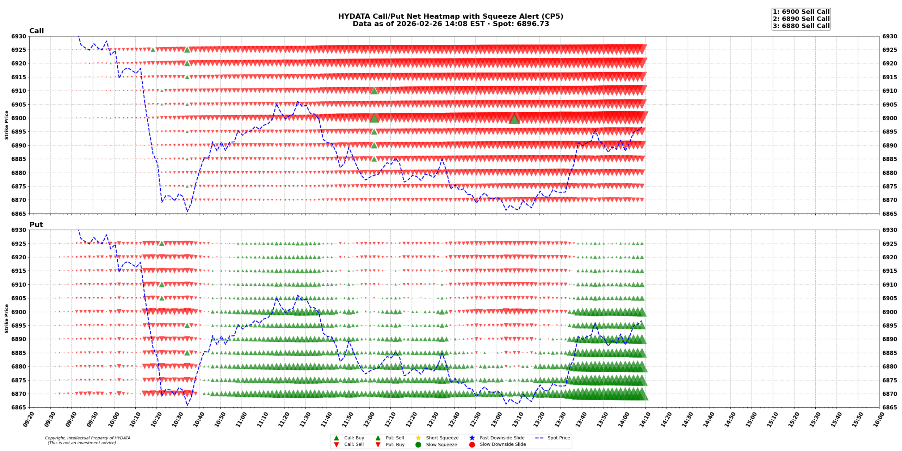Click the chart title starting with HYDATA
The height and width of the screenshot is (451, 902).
[450, 17]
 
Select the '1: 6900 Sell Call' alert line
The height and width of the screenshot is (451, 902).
[801, 12]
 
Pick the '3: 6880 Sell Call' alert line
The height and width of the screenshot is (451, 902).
[801, 26]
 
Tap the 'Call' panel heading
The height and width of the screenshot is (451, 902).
[36, 31]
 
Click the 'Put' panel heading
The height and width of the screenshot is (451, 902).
[36, 224]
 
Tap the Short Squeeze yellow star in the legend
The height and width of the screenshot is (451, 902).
[418, 438]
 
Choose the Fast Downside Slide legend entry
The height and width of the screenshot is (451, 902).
[502, 438]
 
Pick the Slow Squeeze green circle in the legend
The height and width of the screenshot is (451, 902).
[418, 444]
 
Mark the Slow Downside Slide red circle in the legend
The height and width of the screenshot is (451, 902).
[472, 444]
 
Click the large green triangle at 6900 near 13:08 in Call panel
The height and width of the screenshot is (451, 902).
[514, 119]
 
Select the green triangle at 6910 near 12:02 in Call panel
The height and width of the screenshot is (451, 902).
[374, 91]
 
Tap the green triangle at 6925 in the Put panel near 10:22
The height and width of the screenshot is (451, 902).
[162, 243]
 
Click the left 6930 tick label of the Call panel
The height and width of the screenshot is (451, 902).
[19, 36]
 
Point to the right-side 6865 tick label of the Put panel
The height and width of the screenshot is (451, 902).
[890, 407]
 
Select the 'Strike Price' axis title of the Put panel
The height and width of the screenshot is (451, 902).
[6, 319]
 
